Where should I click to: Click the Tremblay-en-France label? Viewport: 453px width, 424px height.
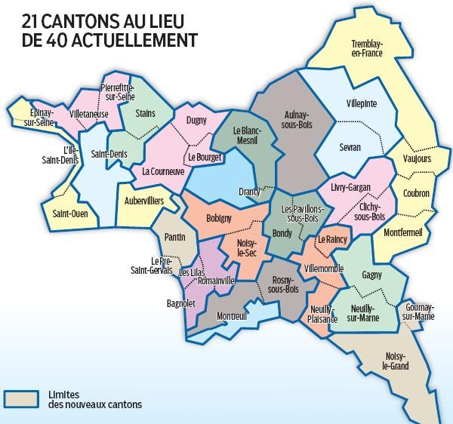point(367,48)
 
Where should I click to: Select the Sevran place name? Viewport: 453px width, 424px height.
point(350,147)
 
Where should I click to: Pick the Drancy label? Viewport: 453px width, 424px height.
point(249,191)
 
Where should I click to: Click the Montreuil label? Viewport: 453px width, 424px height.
point(231,316)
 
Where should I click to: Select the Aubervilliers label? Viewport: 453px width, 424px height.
point(143,201)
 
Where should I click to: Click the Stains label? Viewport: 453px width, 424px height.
point(145,113)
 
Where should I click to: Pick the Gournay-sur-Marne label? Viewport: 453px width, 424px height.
point(419,312)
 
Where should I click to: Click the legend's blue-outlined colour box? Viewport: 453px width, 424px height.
point(23,399)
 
